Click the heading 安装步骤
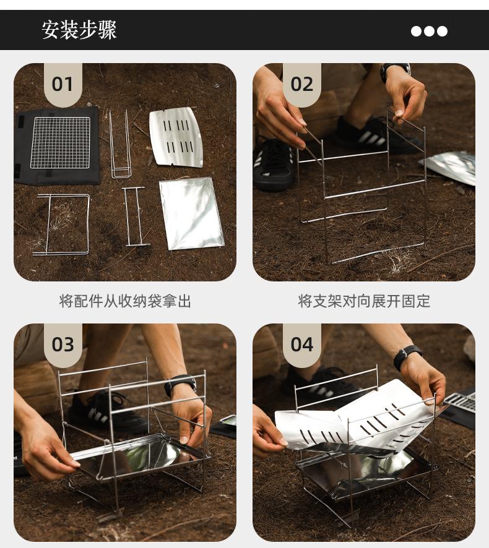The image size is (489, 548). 79,30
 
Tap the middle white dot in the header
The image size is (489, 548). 429,31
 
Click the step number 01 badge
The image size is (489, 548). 63,85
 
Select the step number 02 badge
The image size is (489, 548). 302,85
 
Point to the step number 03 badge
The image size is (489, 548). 63,345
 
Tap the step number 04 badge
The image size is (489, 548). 302,345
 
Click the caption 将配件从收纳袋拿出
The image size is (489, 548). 125,301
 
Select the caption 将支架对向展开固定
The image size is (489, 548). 364,301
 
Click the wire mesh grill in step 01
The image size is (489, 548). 60,142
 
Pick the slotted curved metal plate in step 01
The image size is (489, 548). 176,137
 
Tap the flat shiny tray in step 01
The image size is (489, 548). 191,213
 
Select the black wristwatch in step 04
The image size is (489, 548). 407,357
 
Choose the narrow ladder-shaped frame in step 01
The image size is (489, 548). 136,216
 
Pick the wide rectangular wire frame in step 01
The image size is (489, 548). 61,225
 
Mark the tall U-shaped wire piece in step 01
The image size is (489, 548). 120,144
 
